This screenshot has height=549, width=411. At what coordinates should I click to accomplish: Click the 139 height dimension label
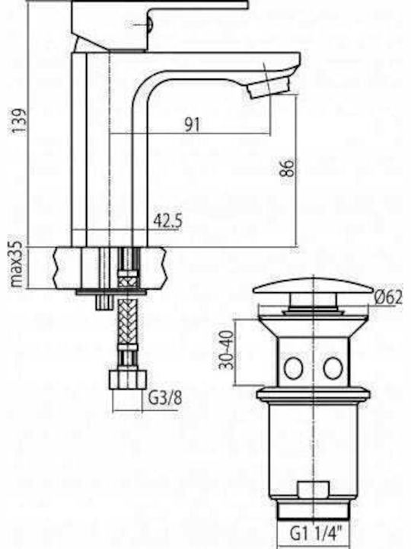(x=19, y=120)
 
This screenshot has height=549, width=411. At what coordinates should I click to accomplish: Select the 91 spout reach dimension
(x=193, y=124)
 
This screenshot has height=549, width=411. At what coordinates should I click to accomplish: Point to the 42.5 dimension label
(x=167, y=221)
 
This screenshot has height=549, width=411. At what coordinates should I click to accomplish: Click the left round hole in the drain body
(x=293, y=368)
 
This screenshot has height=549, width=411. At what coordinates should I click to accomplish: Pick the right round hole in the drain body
(x=333, y=368)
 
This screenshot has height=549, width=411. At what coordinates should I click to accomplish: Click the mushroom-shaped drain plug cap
(x=313, y=287)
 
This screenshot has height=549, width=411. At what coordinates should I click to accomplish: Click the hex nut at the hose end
(x=127, y=380)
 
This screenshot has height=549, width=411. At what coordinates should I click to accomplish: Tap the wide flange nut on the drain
(x=314, y=394)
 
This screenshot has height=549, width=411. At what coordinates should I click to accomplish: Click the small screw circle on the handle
(x=149, y=25)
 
